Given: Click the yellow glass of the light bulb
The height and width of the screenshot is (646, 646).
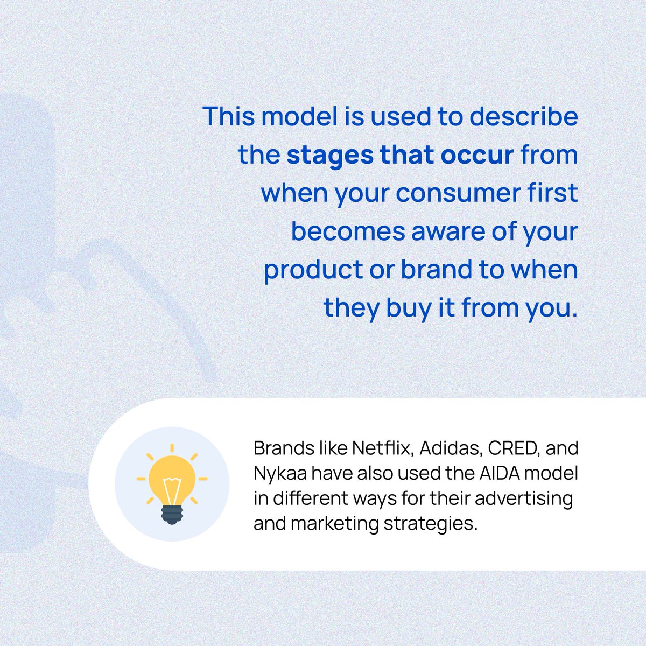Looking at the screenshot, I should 172,477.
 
